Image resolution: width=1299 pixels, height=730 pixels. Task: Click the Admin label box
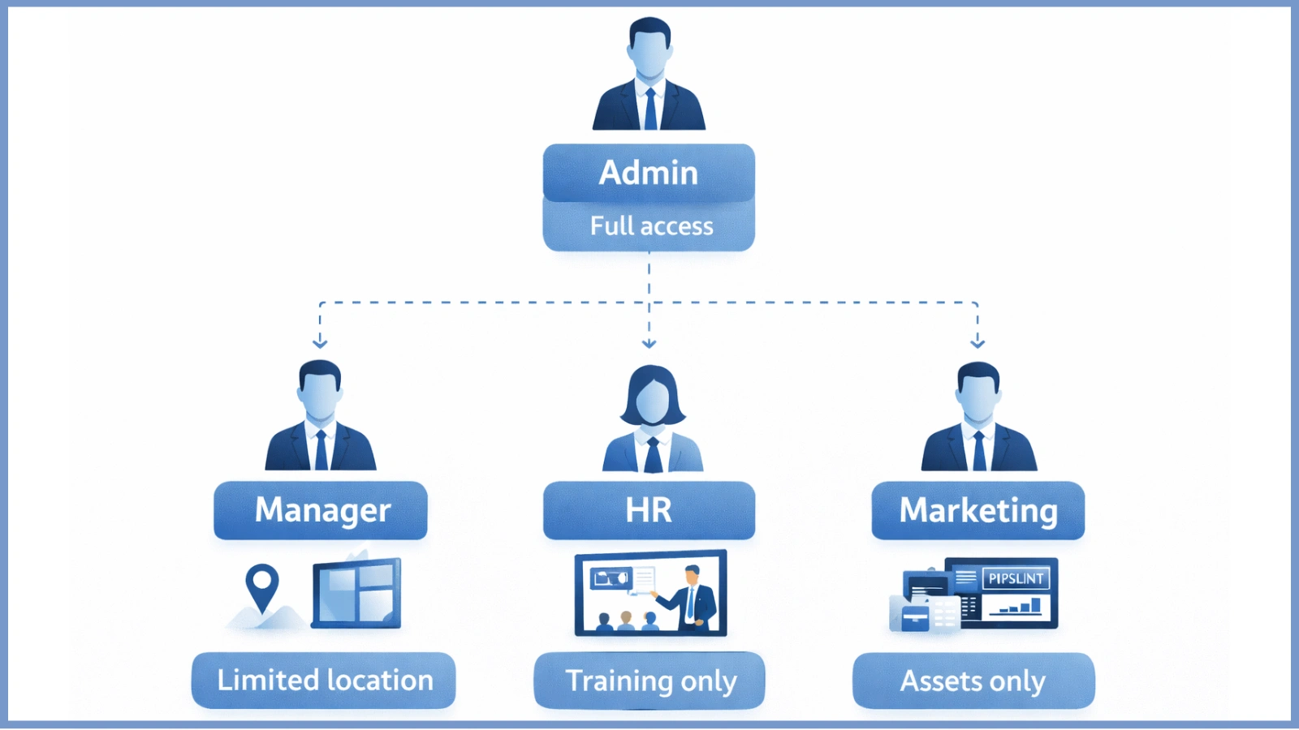tap(649, 173)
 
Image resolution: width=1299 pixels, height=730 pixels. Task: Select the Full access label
tap(650, 226)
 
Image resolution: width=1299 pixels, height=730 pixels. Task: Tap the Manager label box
tap(321, 510)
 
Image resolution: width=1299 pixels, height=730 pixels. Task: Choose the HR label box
tap(649, 510)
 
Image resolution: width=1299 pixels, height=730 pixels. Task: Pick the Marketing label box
tap(977, 510)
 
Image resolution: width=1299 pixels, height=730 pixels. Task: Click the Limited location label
tap(324, 680)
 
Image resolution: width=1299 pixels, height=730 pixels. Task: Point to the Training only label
tap(649, 681)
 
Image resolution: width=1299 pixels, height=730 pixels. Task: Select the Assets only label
tap(973, 681)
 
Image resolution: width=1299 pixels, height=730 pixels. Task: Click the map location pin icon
tap(261, 586)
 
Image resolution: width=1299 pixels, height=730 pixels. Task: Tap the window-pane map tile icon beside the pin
tap(356, 593)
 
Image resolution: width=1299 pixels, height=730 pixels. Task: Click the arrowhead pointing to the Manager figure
tap(320, 343)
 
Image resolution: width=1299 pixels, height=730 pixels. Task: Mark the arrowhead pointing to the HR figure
tap(649, 343)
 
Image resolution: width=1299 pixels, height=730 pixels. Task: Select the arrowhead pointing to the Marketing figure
tap(977, 343)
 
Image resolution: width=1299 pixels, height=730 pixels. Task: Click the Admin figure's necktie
tap(650, 109)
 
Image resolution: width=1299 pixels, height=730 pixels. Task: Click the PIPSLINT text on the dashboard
tap(1016, 578)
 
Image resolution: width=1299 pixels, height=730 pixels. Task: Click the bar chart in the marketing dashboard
tap(1021, 607)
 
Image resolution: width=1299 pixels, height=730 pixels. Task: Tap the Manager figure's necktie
tap(322, 450)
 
